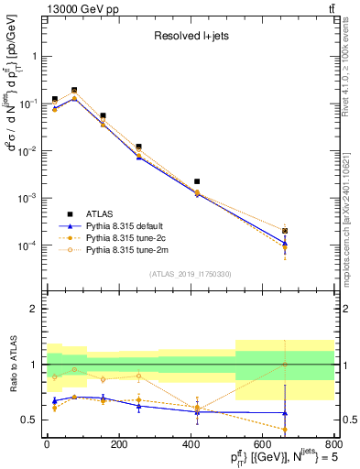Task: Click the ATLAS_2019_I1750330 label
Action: click(191, 274)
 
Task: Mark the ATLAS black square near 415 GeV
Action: click(197, 181)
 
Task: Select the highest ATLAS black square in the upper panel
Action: click(74, 90)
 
